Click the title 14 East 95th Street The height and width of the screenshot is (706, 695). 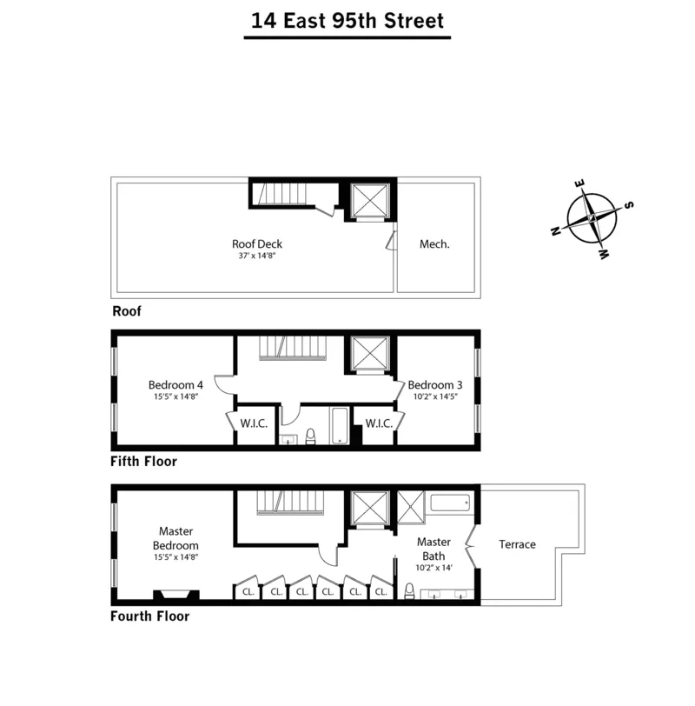tap(347, 21)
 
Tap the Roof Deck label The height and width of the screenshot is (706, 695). tap(257, 244)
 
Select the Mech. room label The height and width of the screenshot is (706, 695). tap(434, 244)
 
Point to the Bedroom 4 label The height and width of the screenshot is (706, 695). tap(175, 385)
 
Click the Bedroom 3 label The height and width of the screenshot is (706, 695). tap(434, 385)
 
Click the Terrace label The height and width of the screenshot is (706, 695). tap(517, 545)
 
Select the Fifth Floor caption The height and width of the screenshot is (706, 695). tap(144, 462)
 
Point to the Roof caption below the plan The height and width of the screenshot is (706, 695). tap(127, 310)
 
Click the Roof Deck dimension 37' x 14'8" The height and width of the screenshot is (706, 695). tap(257, 256)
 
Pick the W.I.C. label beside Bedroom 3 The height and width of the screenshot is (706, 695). tap(379, 423)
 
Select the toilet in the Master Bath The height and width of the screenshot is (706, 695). tap(409, 591)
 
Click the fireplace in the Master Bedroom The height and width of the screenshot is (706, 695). tap(176, 595)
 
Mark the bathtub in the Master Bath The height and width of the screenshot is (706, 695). tap(450, 503)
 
